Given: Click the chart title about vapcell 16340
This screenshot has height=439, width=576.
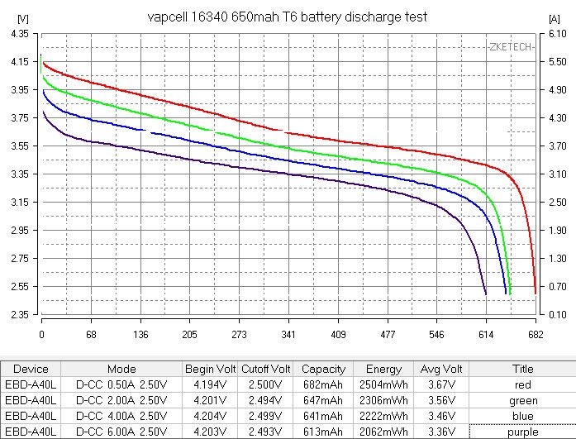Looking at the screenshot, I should point(287,17).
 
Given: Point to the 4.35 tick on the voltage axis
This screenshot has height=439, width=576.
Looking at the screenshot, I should point(19,33).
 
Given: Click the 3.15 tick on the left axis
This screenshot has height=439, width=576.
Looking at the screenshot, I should point(19,203).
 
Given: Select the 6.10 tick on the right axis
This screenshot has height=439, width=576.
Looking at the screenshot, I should point(557,33).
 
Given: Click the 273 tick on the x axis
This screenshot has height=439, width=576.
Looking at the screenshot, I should point(240,336).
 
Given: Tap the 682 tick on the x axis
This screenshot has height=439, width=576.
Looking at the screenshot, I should point(536,336).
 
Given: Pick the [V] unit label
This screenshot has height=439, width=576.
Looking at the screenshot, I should point(21,17).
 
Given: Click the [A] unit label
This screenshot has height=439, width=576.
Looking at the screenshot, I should point(555,17).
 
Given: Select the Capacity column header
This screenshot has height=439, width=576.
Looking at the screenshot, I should point(323,370).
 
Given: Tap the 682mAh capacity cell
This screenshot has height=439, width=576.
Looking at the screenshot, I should point(323,385).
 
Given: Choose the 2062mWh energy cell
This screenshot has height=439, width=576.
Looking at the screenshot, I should point(383,432).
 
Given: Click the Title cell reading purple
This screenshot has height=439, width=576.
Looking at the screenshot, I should point(522,432).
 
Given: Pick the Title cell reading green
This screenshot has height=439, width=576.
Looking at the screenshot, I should point(522,401).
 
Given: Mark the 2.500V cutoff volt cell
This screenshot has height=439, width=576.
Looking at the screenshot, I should point(266,385).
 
